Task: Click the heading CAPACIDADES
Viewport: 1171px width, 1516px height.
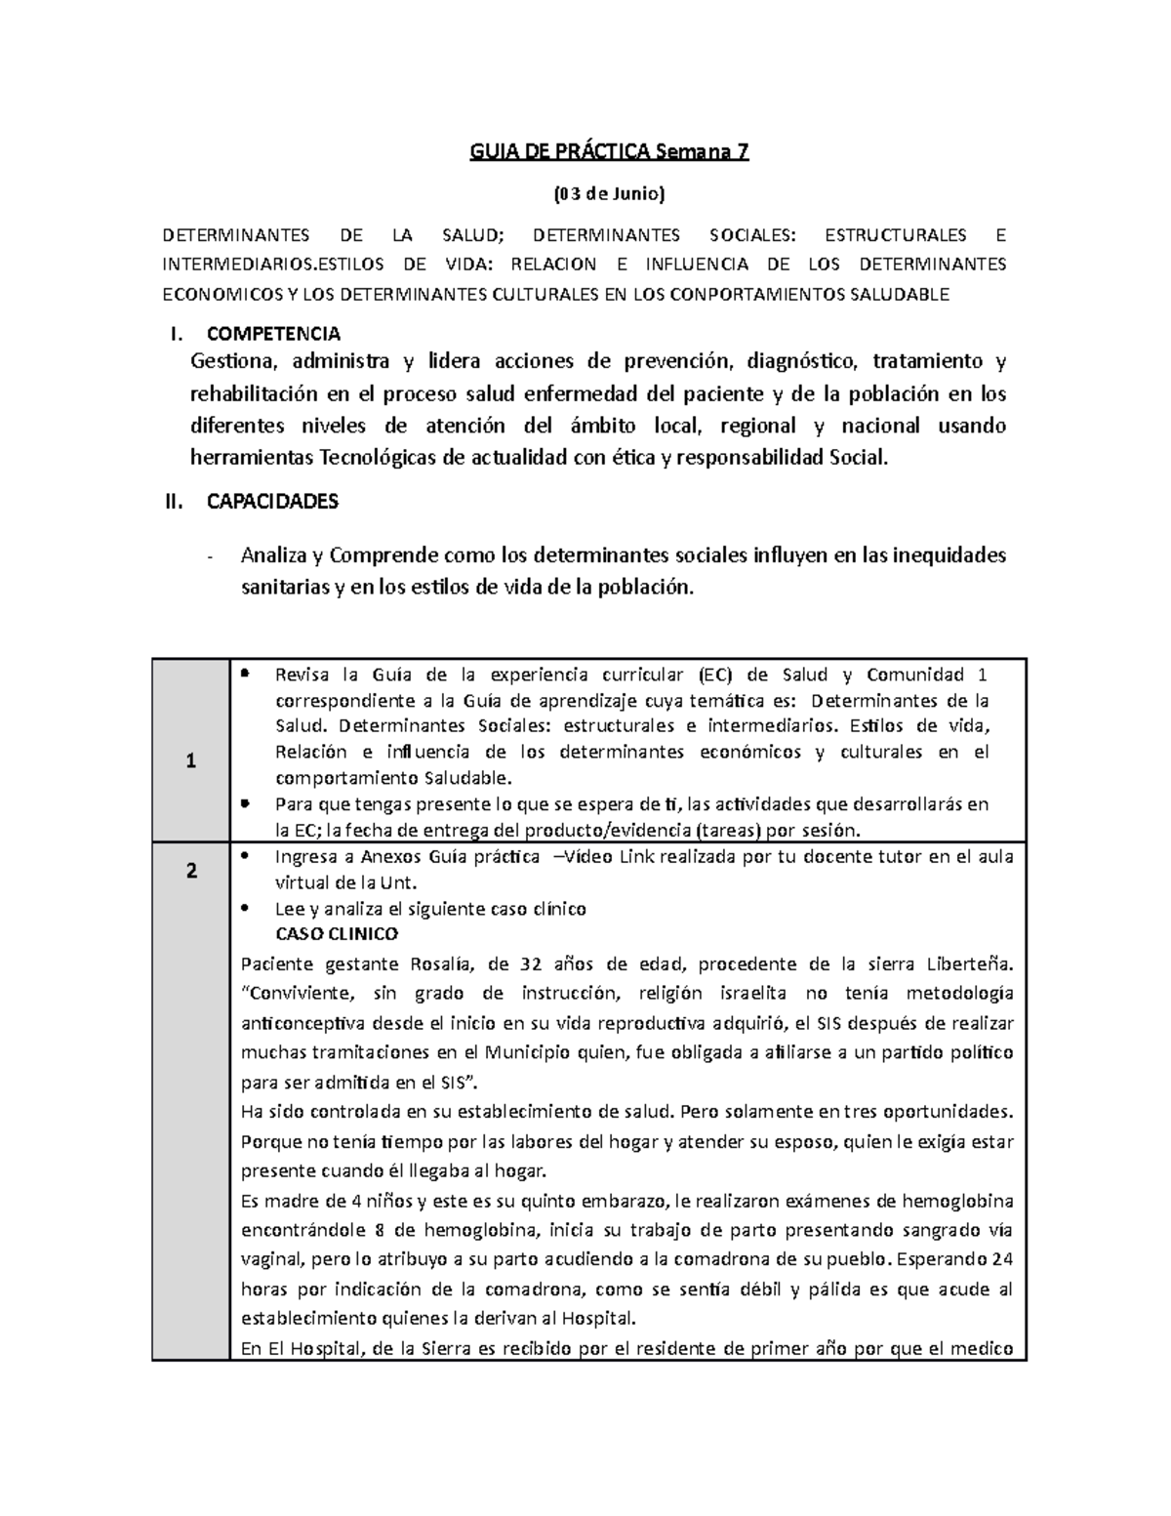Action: pyautogui.click(x=272, y=502)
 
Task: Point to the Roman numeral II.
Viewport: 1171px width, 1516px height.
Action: pyautogui.click(x=174, y=502)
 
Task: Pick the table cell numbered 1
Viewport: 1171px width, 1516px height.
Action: pyautogui.click(x=190, y=761)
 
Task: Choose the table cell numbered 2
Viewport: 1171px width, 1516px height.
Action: pyautogui.click(x=190, y=871)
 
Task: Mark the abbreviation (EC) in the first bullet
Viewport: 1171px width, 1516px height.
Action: pyautogui.click(x=717, y=675)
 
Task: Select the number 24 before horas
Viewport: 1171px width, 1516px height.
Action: pyautogui.click(x=1001, y=1257)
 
